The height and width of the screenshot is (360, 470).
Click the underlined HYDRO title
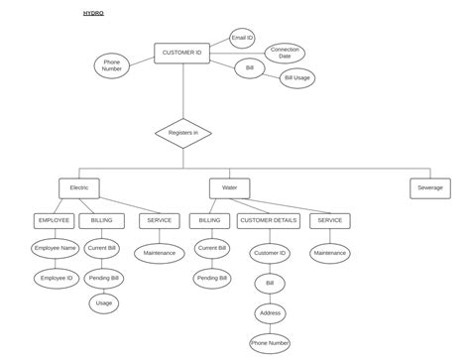point(93,14)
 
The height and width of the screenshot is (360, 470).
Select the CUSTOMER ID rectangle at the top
point(182,53)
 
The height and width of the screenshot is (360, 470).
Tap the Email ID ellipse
point(243,39)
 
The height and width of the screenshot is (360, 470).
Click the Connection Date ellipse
point(285,54)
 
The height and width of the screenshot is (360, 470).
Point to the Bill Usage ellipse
point(296,77)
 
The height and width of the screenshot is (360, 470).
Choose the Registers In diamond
point(182,133)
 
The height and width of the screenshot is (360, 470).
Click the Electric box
point(79,187)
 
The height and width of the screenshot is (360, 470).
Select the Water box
point(230,187)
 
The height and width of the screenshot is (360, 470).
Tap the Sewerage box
point(429,187)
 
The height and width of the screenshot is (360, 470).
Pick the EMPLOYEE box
point(54,220)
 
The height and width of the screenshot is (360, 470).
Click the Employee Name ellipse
point(55,248)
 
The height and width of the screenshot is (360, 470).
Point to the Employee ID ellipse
point(55,279)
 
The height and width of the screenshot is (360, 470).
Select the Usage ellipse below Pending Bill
point(104,303)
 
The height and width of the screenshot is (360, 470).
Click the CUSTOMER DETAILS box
point(269,220)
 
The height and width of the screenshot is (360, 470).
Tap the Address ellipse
point(269,312)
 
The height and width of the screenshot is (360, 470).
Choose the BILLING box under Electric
point(102,220)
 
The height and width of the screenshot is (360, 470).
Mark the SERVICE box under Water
point(330,220)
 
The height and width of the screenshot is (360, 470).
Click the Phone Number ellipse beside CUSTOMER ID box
point(112,65)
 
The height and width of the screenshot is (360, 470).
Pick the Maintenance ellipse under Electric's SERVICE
point(159,253)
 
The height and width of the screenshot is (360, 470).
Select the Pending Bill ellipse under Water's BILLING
point(211,278)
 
